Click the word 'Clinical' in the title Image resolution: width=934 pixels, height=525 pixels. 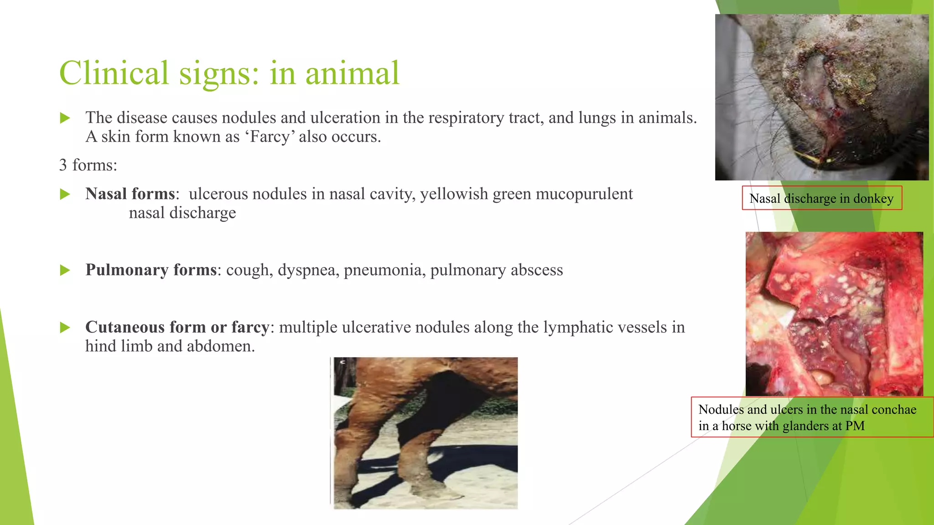click(x=114, y=73)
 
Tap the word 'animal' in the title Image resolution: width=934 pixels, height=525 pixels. click(x=352, y=73)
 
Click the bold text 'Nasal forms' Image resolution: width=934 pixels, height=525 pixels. click(x=130, y=194)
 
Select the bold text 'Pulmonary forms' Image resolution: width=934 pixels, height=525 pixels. click(x=151, y=270)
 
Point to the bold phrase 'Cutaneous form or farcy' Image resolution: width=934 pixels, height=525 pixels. click(x=177, y=327)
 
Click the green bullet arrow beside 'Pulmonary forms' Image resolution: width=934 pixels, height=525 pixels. click(x=65, y=270)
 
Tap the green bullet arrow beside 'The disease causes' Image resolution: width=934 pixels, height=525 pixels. click(x=65, y=118)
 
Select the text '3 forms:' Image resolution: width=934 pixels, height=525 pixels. click(x=88, y=165)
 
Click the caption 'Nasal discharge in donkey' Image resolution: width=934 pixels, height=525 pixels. click(x=821, y=199)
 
